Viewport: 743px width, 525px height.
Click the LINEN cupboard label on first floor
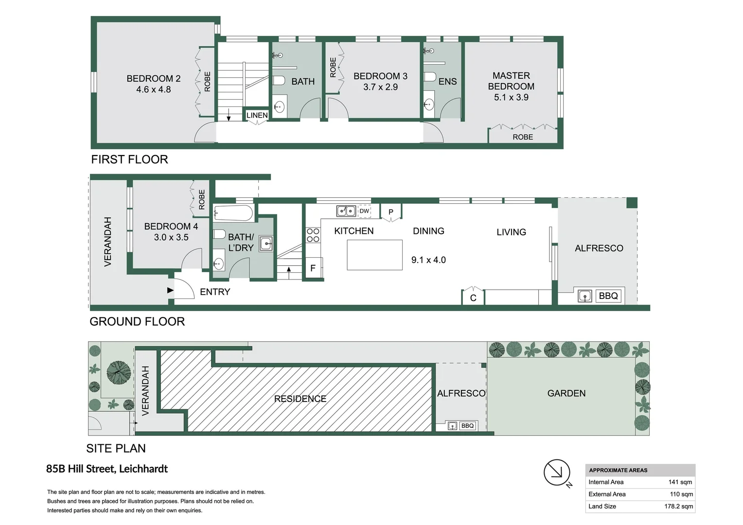(257, 115)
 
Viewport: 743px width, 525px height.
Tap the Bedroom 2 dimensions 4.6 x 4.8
(153, 89)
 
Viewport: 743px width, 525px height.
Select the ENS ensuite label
(447, 82)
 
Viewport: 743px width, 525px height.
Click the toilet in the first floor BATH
(279, 80)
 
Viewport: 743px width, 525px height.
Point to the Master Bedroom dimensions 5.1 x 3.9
(511, 97)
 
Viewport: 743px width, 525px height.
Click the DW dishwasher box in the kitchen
(364, 211)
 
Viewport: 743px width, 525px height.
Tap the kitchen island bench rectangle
(374, 255)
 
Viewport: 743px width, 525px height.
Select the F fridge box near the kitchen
(313, 268)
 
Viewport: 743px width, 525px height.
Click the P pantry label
(390, 212)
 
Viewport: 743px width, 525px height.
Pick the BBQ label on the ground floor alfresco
(608, 296)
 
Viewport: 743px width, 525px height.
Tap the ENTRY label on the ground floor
(215, 292)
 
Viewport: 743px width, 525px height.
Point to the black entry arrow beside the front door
(170, 290)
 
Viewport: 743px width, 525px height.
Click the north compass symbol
(557, 472)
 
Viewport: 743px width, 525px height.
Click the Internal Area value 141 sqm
(680, 482)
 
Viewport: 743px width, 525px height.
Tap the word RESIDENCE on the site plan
(300, 399)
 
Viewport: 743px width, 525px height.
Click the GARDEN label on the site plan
(566, 393)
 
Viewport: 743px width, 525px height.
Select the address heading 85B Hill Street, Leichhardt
(107, 469)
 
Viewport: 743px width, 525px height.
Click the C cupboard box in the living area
(473, 297)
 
